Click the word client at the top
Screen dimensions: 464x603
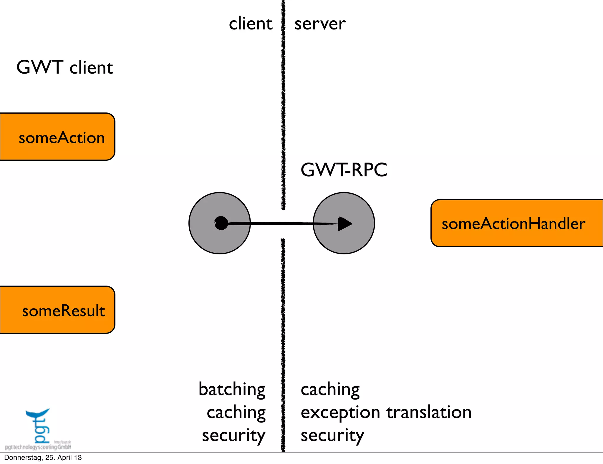point(251,24)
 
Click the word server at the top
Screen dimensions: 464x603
point(320,24)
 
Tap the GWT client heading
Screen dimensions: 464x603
point(65,67)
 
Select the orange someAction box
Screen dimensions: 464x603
point(57,137)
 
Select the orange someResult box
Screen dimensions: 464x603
point(57,310)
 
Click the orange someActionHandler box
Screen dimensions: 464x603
point(516,223)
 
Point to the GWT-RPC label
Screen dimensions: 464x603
point(344,170)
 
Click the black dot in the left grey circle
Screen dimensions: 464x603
point(221,223)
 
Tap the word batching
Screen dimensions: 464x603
point(232,390)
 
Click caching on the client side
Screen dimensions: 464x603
point(236,412)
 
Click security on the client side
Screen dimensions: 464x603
point(233,436)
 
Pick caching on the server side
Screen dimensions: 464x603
point(330,390)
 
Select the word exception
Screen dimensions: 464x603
point(340,413)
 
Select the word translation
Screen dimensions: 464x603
point(429,412)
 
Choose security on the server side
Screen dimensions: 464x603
point(332,436)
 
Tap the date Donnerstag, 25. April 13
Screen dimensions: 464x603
point(43,458)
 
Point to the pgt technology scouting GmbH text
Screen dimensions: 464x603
point(38,447)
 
